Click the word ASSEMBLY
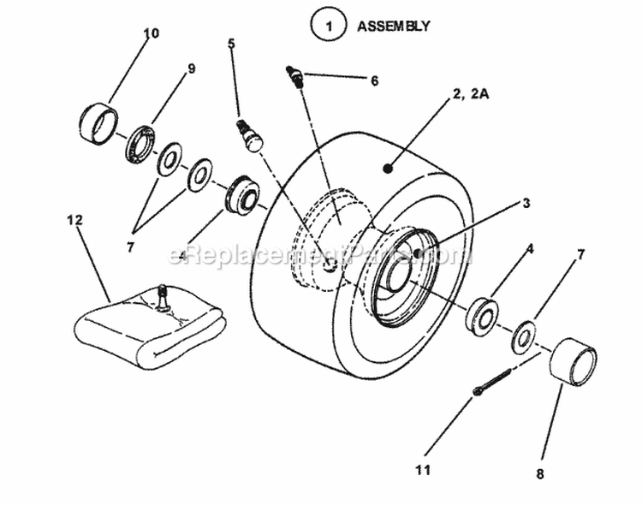tap(393, 26)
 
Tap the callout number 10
tap(151, 33)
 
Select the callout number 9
tap(191, 68)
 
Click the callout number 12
tap(74, 220)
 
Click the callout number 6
tap(373, 80)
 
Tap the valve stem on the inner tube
tap(162, 297)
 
